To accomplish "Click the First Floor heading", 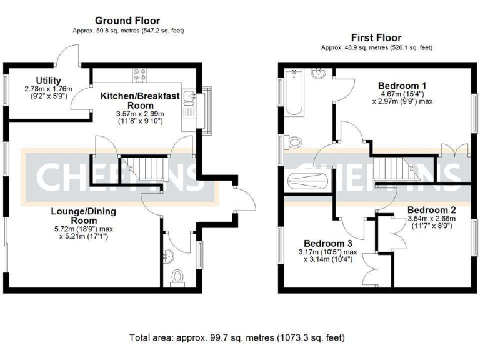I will [376, 37].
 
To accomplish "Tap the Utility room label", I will [47, 80].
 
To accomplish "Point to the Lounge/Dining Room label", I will [84, 216].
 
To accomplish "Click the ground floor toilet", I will [177, 277].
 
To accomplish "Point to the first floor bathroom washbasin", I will [319, 75].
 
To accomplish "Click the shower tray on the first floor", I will [308, 182].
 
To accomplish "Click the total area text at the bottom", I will [237, 337].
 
